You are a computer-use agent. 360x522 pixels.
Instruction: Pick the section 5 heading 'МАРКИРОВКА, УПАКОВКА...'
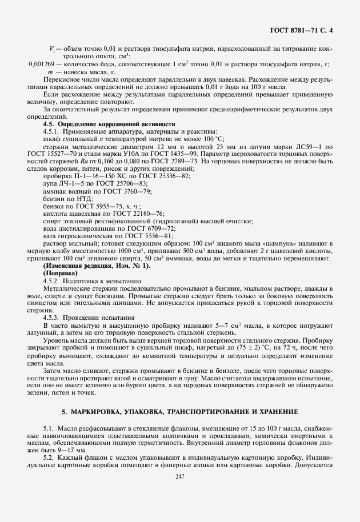tap(179, 412)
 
